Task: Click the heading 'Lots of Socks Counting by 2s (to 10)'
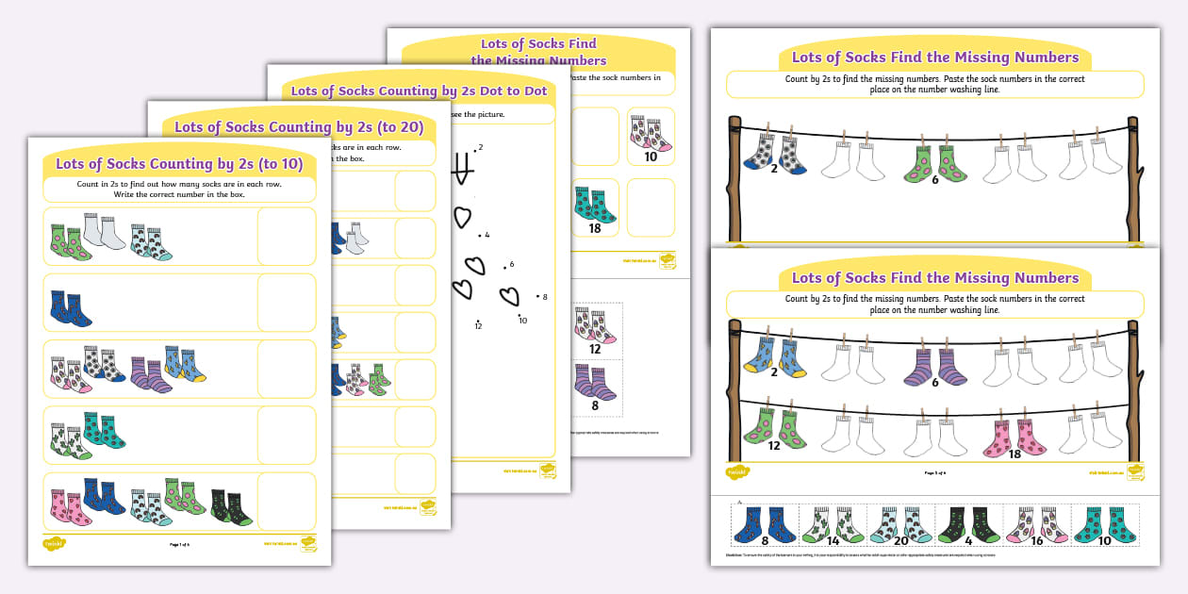tap(179, 163)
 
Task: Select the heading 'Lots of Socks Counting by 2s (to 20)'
tap(299, 127)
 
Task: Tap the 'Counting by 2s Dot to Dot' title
tap(419, 91)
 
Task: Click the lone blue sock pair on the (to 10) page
tap(71, 307)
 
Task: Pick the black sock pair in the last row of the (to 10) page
tap(231, 506)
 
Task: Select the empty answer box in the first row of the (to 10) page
tap(287, 236)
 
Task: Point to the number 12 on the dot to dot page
tap(479, 325)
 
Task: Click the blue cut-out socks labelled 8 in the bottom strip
tap(765, 523)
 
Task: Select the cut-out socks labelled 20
tap(899, 523)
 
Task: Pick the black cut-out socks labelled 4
tap(967, 523)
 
